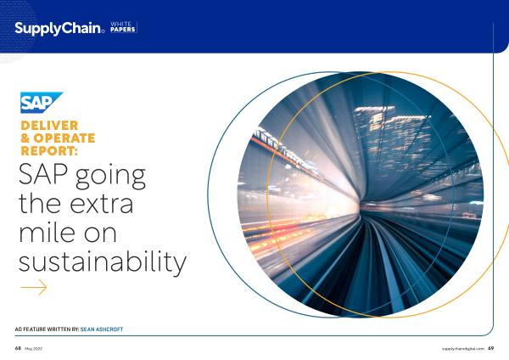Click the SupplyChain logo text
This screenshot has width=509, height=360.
coord(59,29)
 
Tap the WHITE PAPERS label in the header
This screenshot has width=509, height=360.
coord(123,27)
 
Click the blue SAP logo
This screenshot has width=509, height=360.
coord(42,103)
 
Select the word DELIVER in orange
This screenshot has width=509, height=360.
coord(49,126)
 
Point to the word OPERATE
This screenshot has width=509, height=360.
coord(64,138)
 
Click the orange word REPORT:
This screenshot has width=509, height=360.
coord(49,151)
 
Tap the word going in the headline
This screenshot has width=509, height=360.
coord(110,177)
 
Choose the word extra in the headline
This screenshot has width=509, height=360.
coord(101,204)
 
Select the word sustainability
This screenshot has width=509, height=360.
coord(103,262)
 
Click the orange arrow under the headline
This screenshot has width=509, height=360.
coord(34,287)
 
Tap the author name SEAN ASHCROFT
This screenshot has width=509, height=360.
coord(102,329)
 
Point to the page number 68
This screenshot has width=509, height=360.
coord(18,348)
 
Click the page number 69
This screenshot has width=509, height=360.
coord(491,348)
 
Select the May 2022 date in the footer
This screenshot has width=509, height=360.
coord(33,349)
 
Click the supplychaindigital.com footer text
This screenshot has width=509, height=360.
coord(463,349)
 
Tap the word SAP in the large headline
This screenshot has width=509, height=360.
coord(43,174)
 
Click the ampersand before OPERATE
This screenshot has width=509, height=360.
coord(25,138)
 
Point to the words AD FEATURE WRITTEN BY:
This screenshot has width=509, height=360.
coord(47,329)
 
